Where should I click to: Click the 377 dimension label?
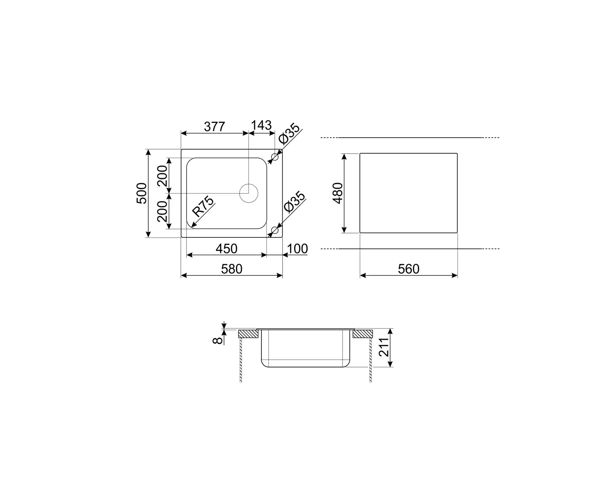[x=214, y=127]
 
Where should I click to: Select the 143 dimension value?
[x=261, y=125]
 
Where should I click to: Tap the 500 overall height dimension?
[x=142, y=193]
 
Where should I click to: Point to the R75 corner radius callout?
[x=203, y=206]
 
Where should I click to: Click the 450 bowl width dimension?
[x=226, y=249]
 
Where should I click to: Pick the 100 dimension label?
[x=297, y=249]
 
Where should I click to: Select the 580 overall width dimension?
[x=232, y=269]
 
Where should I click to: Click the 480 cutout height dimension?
[x=338, y=193]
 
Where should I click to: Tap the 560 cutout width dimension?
[x=409, y=269]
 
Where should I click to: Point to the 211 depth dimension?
[x=384, y=347]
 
